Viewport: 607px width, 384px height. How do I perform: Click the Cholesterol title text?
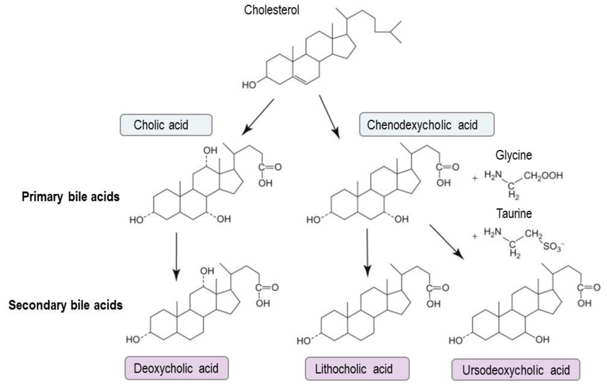272,10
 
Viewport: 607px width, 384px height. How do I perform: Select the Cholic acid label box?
166,125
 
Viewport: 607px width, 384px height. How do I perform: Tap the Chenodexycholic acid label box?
426,125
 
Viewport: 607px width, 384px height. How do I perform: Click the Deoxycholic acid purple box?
176,368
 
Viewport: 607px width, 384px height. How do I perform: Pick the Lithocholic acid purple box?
357,369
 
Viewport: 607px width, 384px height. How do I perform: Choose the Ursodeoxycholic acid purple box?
516,370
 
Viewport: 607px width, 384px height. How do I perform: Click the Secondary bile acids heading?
66,305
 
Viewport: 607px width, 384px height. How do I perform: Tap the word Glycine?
513,155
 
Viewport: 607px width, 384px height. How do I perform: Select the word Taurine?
514,213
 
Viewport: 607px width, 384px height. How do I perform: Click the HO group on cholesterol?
249,85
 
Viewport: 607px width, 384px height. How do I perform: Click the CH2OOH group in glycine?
543,175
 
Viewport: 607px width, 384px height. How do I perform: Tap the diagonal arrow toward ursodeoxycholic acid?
446,241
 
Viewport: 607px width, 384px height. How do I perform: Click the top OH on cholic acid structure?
210,150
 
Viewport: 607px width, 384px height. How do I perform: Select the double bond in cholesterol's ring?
300,80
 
